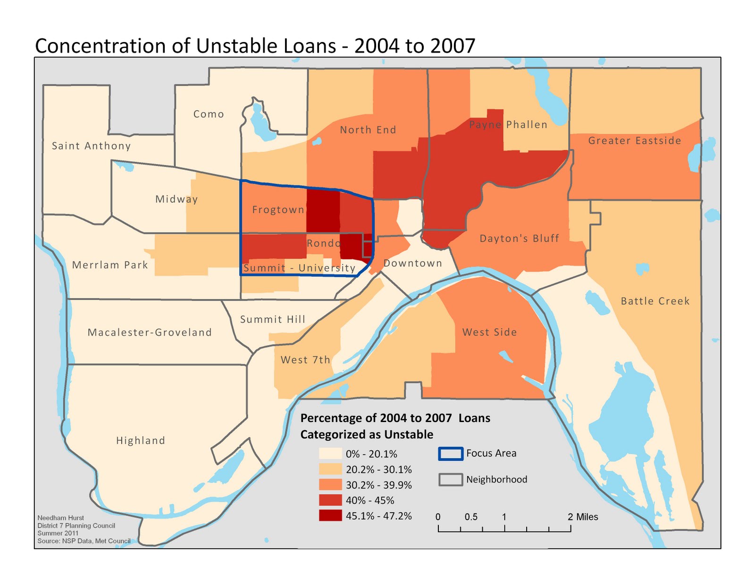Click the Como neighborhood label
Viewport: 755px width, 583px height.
pyautogui.click(x=209, y=114)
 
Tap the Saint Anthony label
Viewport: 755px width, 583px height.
pyautogui.click(x=91, y=146)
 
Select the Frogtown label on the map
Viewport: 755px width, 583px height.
pyautogui.click(x=278, y=210)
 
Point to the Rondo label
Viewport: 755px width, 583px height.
pyautogui.click(x=323, y=243)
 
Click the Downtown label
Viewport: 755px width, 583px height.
pyautogui.click(x=412, y=263)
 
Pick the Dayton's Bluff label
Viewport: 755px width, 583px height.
pyautogui.click(x=519, y=239)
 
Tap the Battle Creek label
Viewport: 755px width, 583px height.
pyautogui.click(x=655, y=301)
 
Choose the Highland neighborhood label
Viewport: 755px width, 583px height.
pyautogui.click(x=141, y=441)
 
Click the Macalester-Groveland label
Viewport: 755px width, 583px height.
pyautogui.click(x=150, y=333)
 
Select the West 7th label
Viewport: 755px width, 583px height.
pyautogui.click(x=305, y=360)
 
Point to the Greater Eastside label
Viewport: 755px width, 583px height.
pyautogui.click(x=635, y=141)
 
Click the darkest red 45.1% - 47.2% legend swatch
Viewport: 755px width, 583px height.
pyautogui.click(x=330, y=516)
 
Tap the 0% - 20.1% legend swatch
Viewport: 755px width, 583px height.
pyautogui.click(x=330, y=454)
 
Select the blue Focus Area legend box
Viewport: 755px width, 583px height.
pyautogui.click(x=450, y=454)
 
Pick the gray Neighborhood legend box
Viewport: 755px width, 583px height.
pyautogui.click(x=450, y=480)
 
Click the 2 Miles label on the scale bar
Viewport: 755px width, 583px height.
pyautogui.click(x=583, y=517)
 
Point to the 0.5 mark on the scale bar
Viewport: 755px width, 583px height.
pyautogui.click(x=470, y=517)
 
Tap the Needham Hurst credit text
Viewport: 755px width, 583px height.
pyautogui.click(x=60, y=518)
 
